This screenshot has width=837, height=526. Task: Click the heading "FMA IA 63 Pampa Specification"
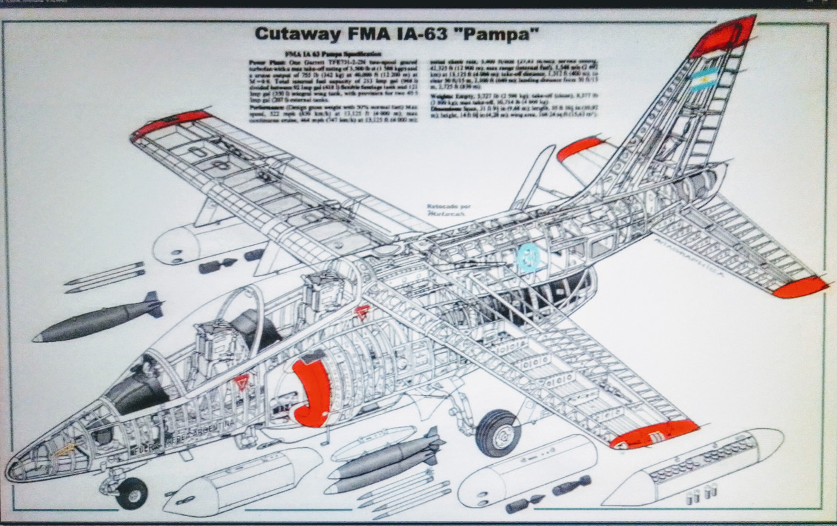333,53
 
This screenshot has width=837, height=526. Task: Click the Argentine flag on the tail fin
703,79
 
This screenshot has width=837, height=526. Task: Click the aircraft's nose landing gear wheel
132,492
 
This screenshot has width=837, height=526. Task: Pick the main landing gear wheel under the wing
497,433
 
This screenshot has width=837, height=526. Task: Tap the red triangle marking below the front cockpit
243,381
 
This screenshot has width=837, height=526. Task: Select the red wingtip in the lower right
655,434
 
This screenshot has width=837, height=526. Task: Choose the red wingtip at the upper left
170,123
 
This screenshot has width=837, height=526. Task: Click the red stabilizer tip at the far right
799,287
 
